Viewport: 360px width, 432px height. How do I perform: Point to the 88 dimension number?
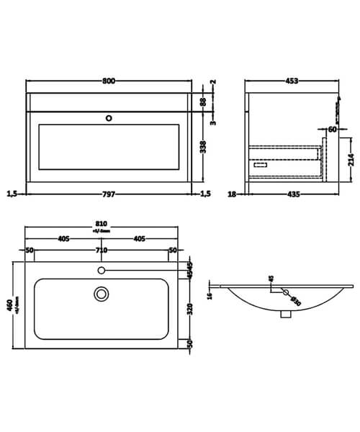point(204,102)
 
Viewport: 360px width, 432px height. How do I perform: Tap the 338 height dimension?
point(204,148)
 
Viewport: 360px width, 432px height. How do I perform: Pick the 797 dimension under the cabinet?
point(108,193)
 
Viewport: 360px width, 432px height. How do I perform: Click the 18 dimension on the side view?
point(233,193)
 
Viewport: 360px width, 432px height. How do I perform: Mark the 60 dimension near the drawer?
point(333,130)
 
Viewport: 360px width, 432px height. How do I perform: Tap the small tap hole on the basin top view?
point(102,270)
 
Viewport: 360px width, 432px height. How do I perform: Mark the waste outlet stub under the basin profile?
point(286,314)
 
